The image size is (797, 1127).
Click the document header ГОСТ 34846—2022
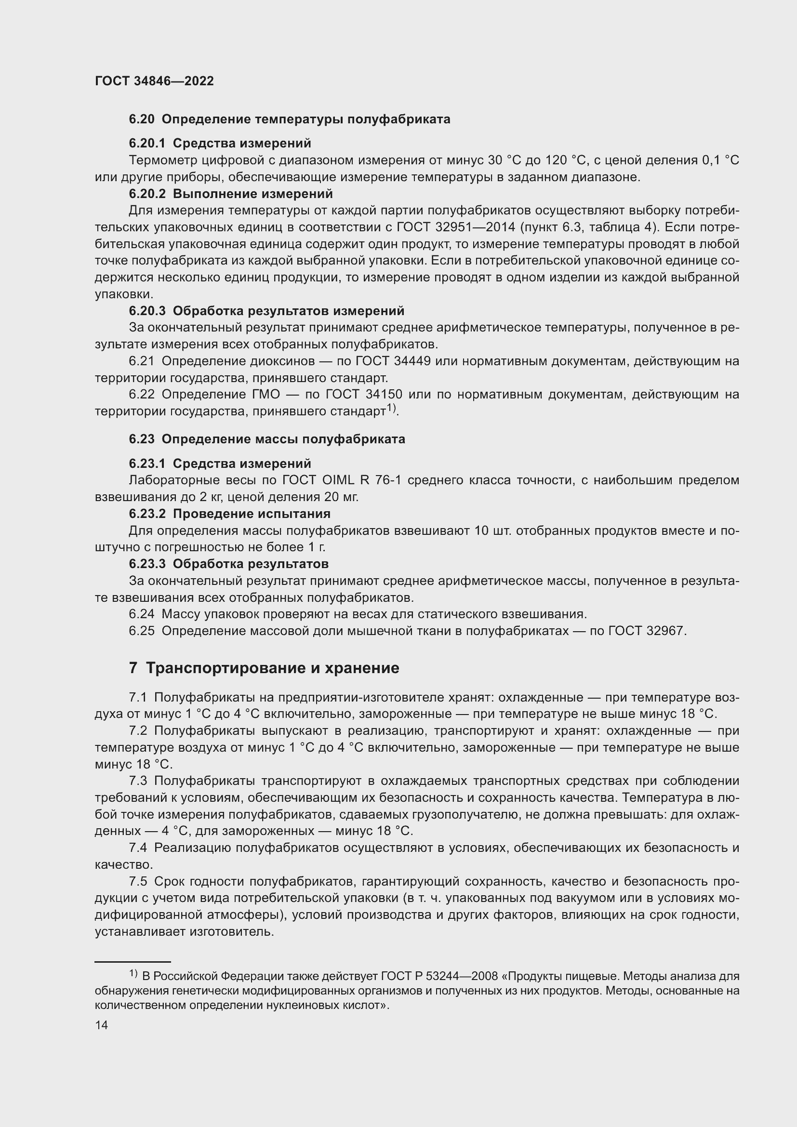(x=154, y=81)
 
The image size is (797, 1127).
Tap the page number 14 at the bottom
(x=101, y=1025)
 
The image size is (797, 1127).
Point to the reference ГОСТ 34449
(x=393, y=361)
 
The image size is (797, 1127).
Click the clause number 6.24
(x=141, y=614)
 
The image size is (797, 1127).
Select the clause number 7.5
(x=138, y=882)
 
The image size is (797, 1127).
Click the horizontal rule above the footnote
(x=133, y=962)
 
